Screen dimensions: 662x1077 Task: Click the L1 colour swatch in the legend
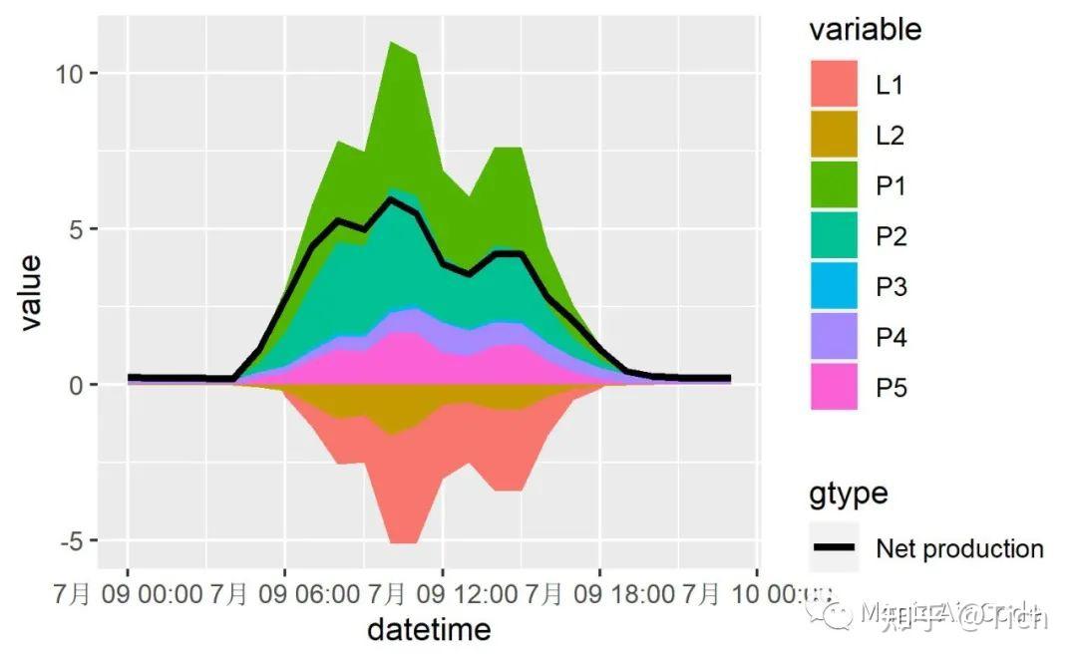(833, 85)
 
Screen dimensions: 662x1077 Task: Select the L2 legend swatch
(833, 136)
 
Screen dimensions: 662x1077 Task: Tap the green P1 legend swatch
(833, 185)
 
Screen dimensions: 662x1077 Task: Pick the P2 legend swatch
(833, 236)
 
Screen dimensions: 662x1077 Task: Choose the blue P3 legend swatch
(833, 287)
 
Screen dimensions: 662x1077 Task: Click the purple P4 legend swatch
(833, 337)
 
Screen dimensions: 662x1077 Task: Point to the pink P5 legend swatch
(833, 388)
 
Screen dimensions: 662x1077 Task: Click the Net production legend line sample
(833, 548)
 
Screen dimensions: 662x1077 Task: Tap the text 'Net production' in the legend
(959, 548)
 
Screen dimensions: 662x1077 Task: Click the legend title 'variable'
(865, 30)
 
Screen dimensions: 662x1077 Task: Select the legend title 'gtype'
(848, 494)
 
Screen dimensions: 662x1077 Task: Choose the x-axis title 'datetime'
(429, 630)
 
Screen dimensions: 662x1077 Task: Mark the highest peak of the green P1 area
(392, 43)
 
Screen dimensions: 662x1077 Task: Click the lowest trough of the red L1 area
(404, 543)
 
